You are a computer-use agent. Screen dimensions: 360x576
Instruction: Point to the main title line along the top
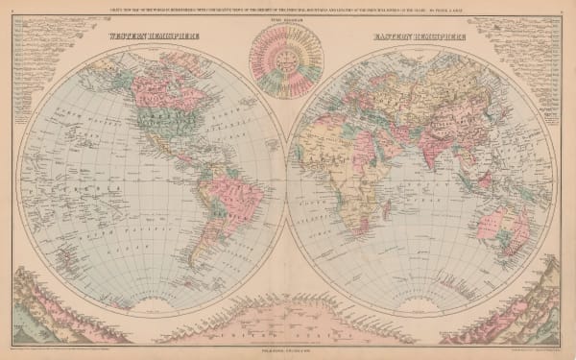point(288,13)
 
